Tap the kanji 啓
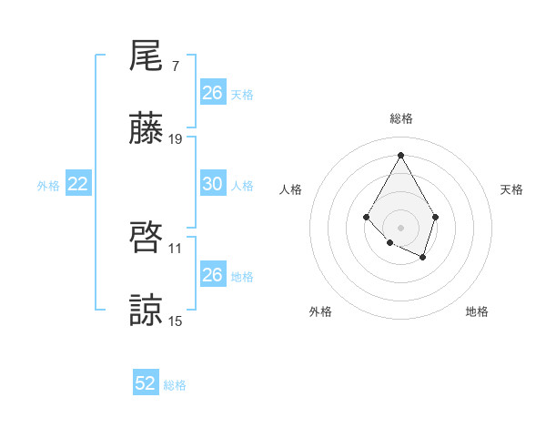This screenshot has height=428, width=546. [147, 239]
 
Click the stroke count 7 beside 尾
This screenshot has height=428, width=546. [176, 66]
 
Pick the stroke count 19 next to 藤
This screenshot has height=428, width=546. [176, 139]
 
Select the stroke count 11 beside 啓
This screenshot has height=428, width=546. [176, 249]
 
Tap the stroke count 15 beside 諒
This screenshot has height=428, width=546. [176, 321]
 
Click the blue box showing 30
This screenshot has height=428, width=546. [212, 184]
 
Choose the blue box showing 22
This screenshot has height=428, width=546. [78, 184]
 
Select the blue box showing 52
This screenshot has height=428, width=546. [146, 383]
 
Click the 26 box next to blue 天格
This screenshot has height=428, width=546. [212, 93]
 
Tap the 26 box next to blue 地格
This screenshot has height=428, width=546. [212, 275]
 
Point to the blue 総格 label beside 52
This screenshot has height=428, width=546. [175, 385]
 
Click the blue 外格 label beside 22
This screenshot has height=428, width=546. [48, 186]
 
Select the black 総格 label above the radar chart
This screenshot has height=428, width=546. [400, 118]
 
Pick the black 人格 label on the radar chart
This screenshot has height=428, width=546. [291, 189]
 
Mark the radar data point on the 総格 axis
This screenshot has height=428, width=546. [400, 154]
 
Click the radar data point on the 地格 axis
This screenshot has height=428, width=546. [423, 258]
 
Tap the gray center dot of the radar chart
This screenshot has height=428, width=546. [400, 227]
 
